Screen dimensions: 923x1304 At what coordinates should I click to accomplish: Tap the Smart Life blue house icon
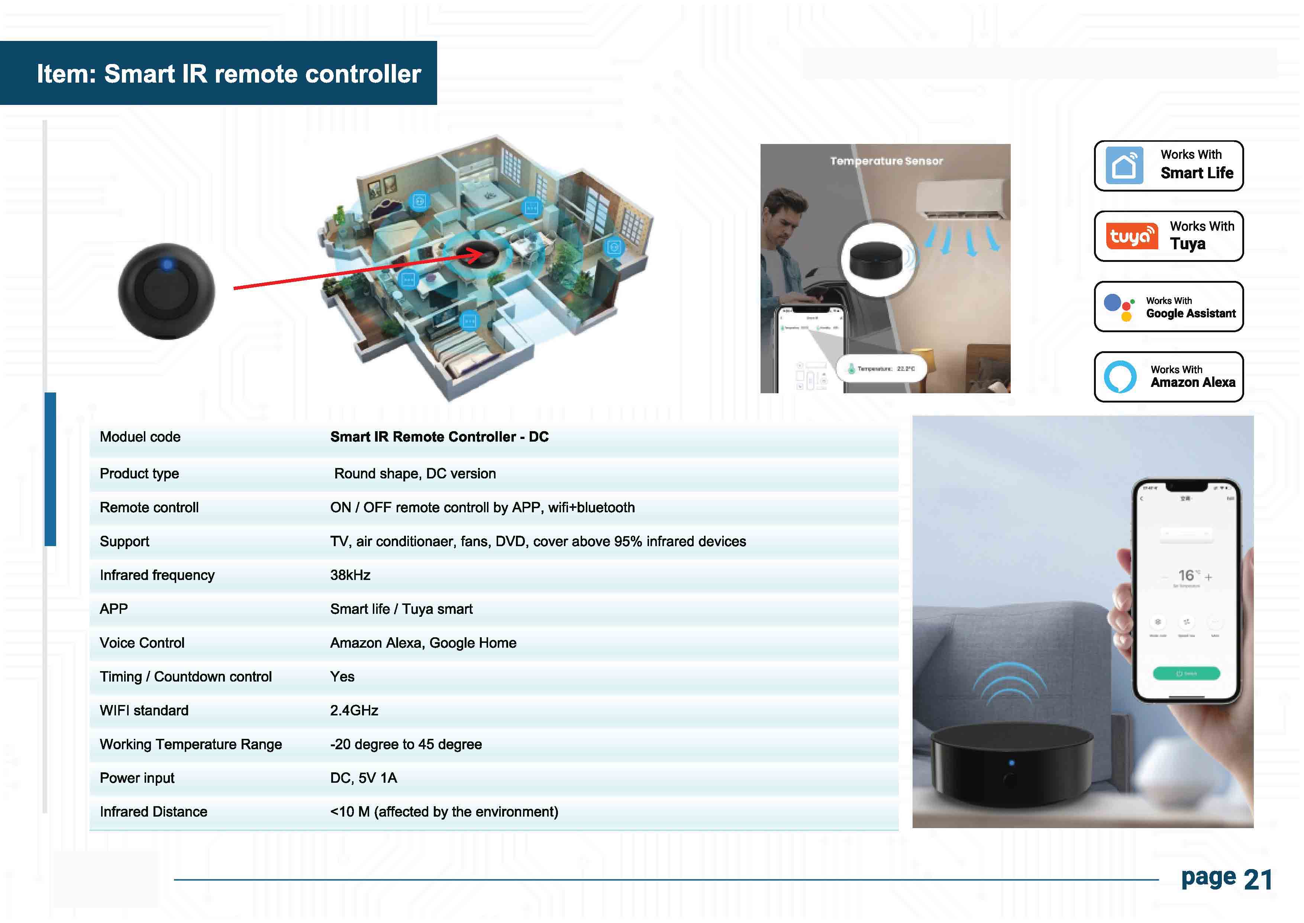1124,166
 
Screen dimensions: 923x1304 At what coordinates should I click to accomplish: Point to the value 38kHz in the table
350,575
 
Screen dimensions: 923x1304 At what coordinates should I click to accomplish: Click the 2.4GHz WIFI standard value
354,711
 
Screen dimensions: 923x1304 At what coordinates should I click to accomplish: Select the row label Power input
137,778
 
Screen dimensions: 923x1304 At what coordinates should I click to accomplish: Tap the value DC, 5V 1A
364,778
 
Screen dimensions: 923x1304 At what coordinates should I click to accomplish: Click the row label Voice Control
142,643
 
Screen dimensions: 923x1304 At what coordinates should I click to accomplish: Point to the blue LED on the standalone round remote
167,264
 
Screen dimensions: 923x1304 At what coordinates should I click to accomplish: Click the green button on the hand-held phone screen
1186,673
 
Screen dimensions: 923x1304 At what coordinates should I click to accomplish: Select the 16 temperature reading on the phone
1186,576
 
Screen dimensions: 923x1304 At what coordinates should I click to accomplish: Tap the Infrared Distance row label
154,812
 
